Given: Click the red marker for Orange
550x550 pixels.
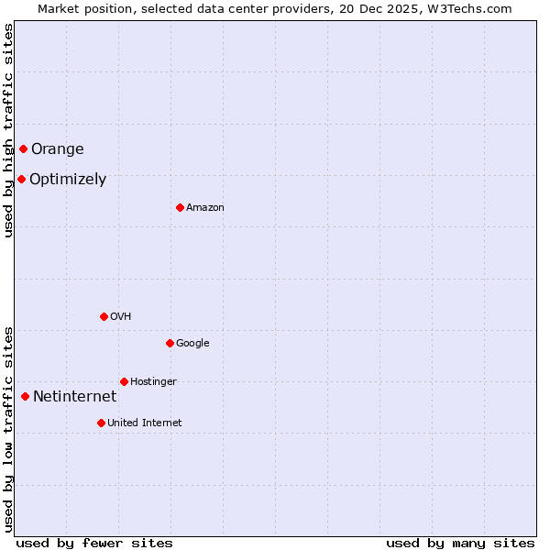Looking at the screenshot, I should tap(23, 148).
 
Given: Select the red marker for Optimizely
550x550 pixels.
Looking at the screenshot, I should tap(21, 179).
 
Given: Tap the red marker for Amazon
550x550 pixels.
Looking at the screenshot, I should tap(180, 207).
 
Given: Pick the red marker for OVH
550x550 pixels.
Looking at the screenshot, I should tap(104, 316).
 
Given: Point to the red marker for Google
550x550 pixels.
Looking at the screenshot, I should tap(170, 343).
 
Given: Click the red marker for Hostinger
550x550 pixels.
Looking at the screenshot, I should tap(124, 381).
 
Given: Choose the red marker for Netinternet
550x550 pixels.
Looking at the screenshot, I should tap(25, 396).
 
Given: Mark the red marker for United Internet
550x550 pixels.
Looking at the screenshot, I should tap(101, 423).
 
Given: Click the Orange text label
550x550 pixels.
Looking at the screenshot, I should tap(58, 149).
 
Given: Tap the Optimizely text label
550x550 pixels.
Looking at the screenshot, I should tap(68, 180).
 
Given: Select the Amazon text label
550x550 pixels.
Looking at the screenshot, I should tap(205, 208).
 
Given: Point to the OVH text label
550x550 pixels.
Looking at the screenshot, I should tap(121, 317).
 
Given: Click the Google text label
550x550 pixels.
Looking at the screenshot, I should tap(192, 344).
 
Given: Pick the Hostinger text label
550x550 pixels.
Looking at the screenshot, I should tap(153, 382).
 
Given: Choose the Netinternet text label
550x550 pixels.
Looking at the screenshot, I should tap(74, 397).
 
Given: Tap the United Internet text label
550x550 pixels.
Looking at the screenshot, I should tap(145, 423).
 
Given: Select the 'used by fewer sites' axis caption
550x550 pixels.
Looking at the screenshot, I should tap(94, 543).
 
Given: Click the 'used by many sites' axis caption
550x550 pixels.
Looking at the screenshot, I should tap(460, 543).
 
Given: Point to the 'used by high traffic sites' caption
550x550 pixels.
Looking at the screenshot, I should tap(8, 130).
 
